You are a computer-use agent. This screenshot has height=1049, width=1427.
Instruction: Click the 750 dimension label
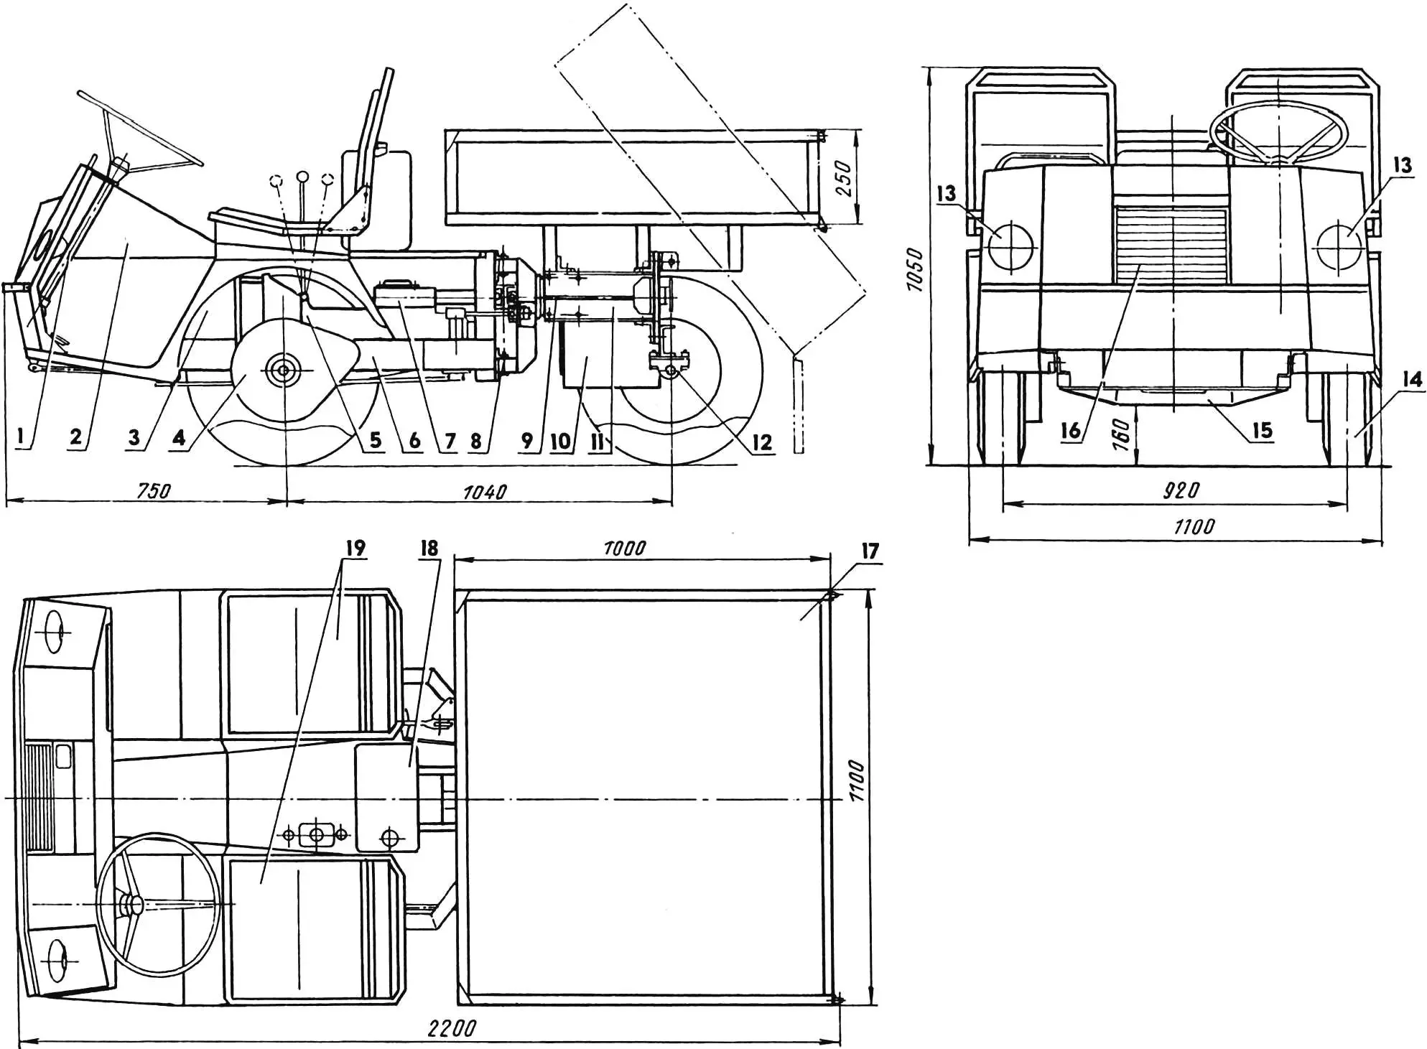point(154,490)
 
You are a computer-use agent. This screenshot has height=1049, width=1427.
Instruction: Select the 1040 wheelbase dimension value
point(485,492)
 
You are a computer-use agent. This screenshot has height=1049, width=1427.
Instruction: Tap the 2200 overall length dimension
point(451,1028)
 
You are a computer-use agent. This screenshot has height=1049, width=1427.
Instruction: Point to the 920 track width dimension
point(1181,490)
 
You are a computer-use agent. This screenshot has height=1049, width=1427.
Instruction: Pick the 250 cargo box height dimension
point(845,177)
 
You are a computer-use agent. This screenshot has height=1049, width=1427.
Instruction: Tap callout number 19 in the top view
point(355,548)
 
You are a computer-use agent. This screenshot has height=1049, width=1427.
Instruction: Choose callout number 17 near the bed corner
point(870,551)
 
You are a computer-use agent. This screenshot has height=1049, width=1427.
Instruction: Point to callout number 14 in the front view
point(1412,379)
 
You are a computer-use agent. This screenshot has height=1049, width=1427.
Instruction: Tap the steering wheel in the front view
point(1278,132)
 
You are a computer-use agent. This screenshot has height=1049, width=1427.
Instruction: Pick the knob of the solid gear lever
point(302,177)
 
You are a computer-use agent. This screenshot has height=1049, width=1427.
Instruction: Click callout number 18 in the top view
point(429,549)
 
